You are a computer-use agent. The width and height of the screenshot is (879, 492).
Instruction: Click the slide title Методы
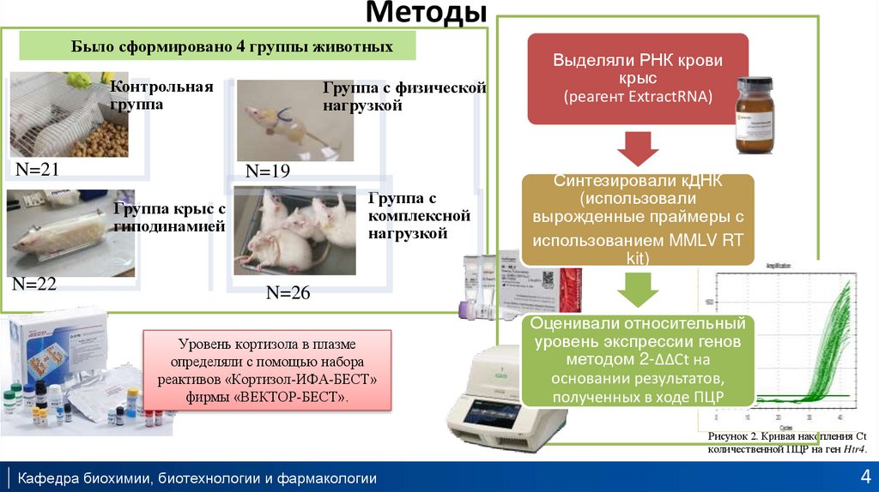pos(426,14)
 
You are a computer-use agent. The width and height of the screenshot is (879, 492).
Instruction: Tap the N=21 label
pos(37,170)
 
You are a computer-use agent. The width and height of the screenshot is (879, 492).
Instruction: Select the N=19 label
pos(267,171)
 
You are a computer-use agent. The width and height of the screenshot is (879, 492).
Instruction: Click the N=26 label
pos(288,293)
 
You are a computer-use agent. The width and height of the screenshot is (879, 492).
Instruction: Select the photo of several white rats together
pos(294,231)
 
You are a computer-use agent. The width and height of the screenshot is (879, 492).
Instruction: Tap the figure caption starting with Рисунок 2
pos(787,443)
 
